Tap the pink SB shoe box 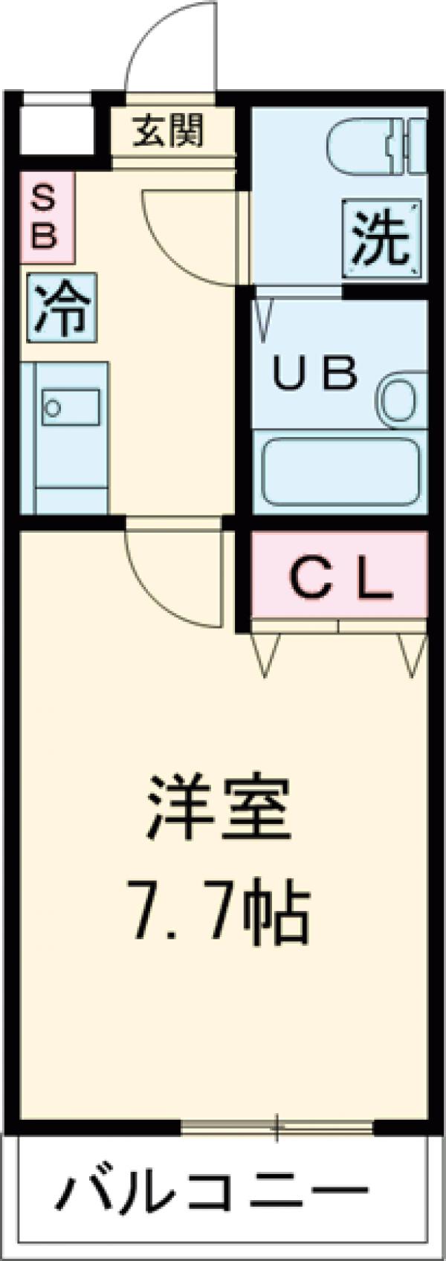[x=46, y=217]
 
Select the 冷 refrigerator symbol [x=62, y=311]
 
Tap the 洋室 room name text [x=217, y=815]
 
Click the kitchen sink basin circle [x=52, y=406]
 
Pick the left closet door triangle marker [x=265, y=652]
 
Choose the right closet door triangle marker [x=410, y=652]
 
